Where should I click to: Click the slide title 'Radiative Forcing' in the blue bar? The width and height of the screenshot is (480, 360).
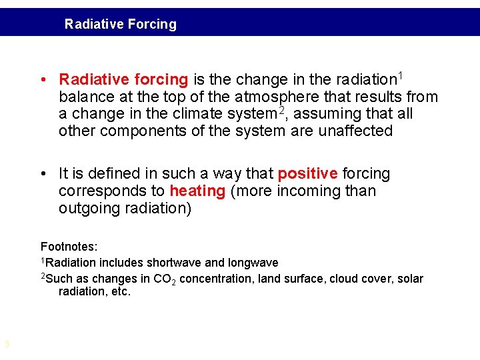[x=121, y=25]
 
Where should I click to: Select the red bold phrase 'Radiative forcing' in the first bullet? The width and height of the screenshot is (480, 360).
[x=123, y=80]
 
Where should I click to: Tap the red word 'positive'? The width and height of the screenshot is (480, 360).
[x=307, y=174]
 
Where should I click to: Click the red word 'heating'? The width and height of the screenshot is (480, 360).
[x=197, y=191]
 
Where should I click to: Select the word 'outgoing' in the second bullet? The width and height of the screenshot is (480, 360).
[x=85, y=209]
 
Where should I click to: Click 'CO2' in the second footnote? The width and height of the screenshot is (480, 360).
[x=165, y=279]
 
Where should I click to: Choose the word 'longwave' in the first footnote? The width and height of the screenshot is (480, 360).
[x=253, y=263]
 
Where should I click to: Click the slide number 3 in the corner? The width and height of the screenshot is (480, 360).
[x=7, y=345]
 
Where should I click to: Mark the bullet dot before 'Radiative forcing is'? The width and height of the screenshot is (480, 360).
[x=43, y=80]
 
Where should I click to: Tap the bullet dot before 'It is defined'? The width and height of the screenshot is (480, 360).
[x=43, y=174]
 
